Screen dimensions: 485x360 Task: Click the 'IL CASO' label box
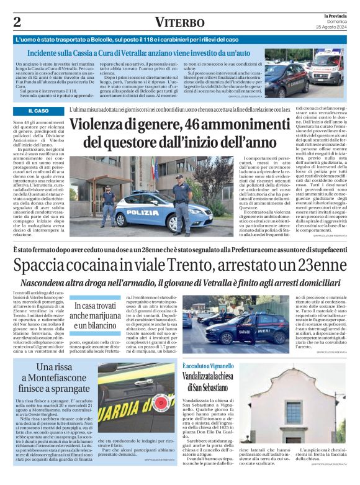(38, 111)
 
